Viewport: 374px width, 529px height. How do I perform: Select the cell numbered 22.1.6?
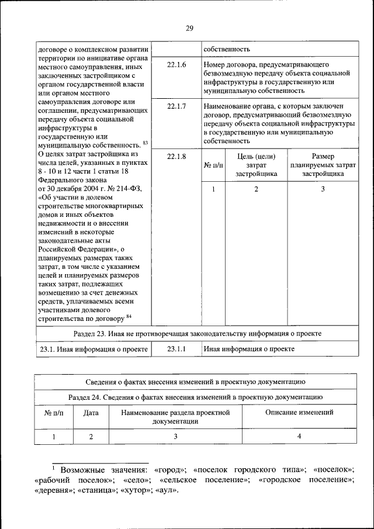click(x=176, y=64)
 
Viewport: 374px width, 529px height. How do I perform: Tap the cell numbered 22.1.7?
click(x=176, y=106)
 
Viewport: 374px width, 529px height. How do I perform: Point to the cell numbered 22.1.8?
click(x=176, y=156)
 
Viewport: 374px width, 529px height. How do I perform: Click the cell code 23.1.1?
click(x=176, y=349)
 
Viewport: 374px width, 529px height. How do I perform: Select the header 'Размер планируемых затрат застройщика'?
click(x=323, y=165)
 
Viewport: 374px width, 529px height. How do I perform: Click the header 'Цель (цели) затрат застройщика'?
click(x=256, y=165)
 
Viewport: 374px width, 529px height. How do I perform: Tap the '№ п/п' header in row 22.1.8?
click(x=213, y=165)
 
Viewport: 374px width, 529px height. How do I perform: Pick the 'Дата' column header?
click(x=91, y=412)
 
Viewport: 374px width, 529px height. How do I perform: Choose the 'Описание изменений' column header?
click(x=299, y=412)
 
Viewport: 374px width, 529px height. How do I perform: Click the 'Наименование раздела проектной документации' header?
click(x=175, y=416)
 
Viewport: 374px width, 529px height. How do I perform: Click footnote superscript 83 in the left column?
click(x=146, y=143)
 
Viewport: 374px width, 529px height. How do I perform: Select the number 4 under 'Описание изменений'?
click(x=299, y=436)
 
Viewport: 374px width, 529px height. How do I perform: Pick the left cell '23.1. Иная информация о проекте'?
click(x=92, y=349)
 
